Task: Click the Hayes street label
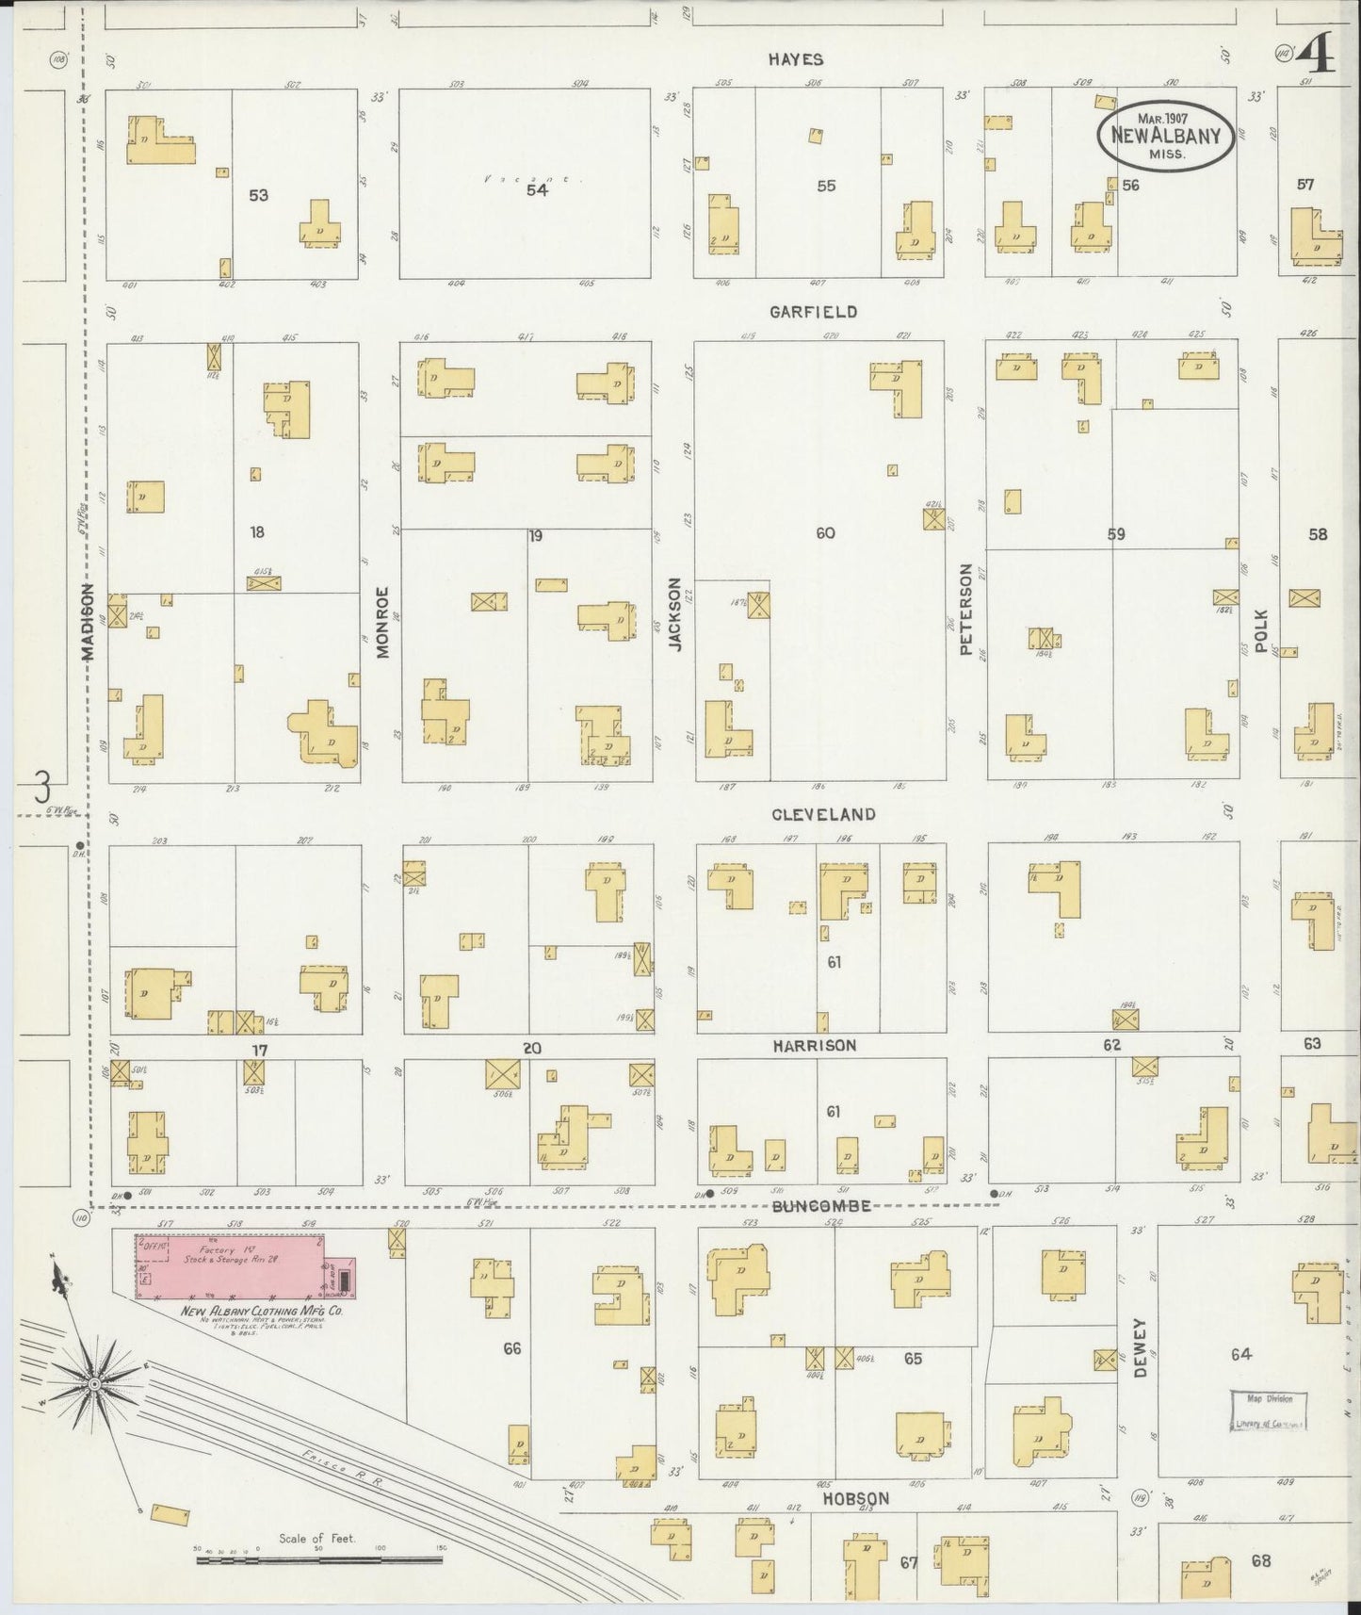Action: coord(795,59)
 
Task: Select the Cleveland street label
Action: coord(823,814)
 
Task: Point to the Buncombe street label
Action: coord(818,1206)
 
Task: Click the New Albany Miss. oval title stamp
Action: coord(1165,135)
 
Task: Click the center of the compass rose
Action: coord(95,1383)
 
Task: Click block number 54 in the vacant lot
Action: coord(537,190)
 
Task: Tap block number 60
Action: coord(825,533)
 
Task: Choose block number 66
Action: coord(511,1348)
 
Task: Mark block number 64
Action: coord(1239,1354)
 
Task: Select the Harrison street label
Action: coord(815,1046)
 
